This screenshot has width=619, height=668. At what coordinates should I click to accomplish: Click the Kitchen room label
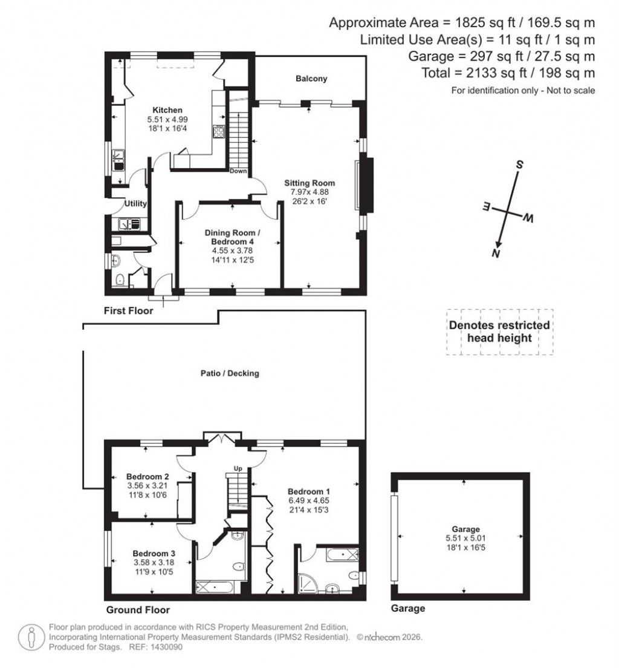[x=167, y=110]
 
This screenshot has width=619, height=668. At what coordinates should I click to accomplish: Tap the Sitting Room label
[x=309, y=183]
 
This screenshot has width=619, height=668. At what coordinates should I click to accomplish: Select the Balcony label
[x=311, y=79]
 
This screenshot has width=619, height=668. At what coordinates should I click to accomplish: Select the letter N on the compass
[x=496, y=254]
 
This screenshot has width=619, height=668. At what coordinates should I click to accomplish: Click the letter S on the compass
[x=519, y=165]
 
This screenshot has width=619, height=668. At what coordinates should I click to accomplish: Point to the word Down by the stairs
[x=239, y=171]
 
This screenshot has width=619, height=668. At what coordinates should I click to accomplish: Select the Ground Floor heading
[x=138, y=610]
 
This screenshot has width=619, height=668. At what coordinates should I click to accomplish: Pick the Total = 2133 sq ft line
[x=508, y=73]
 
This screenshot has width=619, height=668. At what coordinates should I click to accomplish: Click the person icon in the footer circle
[x=30, y=637]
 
